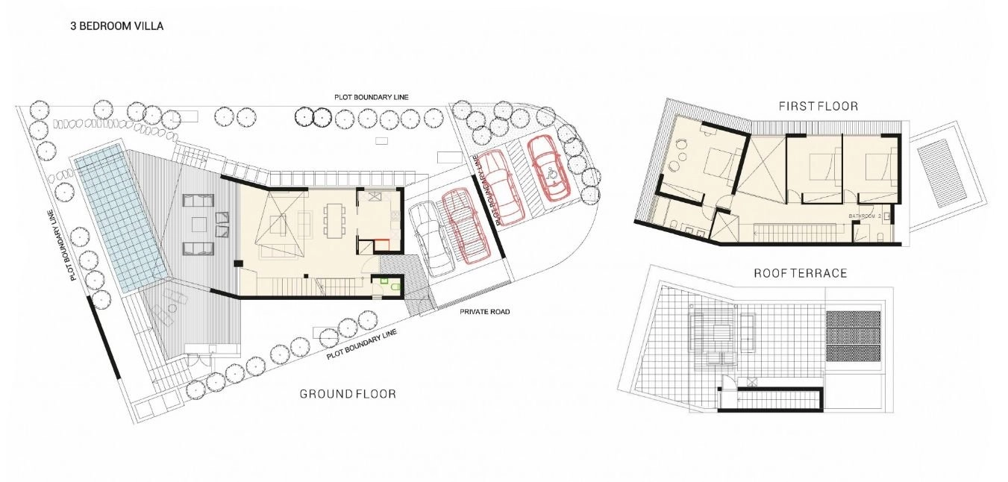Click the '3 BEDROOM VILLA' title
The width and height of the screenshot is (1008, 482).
[x=116, y=26]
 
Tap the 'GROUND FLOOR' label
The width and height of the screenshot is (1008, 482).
[x=348, y=394]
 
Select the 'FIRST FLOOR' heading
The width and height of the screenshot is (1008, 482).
[x=818, y=106]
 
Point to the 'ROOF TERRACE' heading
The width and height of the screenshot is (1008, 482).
[x=801, y=273]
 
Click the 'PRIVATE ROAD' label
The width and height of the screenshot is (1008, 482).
[x=485, y=311]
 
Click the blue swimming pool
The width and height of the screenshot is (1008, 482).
[x=119, y=218]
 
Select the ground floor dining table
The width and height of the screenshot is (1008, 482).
[x=335, y=221]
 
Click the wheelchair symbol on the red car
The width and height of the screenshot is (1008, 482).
[x=551, y=172]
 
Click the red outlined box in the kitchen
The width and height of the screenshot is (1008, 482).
[x=382, y=245]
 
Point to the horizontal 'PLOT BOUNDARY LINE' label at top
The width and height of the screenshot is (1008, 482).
[x=372, y=97]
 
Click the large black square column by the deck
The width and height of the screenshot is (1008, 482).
[x=238, y=263]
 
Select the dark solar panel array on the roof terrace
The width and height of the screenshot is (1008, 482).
[x=853, y=337]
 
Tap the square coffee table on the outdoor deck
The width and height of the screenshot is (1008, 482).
[x=198, y=224]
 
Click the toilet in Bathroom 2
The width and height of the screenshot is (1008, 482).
[x=882, y=236]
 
